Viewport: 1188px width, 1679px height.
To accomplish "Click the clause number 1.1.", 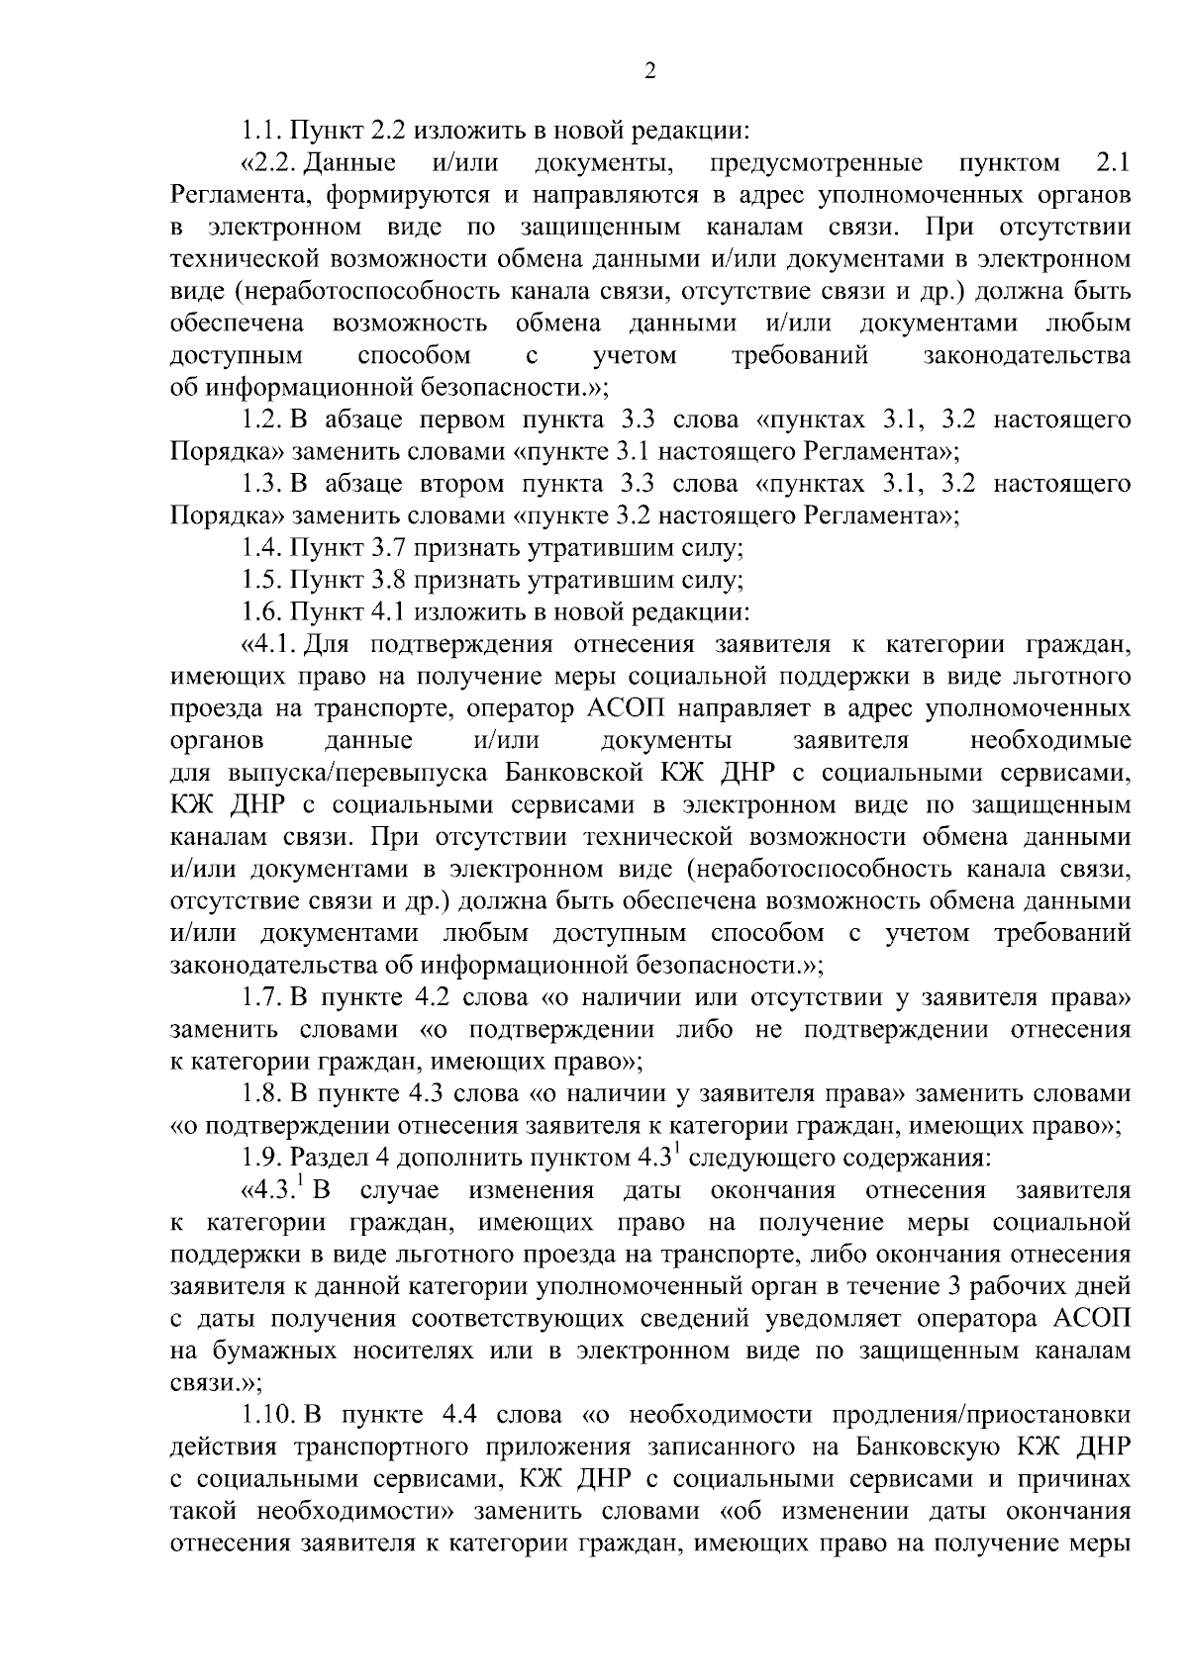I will (x=262, y=130).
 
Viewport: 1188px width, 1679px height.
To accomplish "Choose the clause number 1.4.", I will (x=263, y=548).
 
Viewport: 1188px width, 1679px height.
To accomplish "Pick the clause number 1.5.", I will (x=263, y=580).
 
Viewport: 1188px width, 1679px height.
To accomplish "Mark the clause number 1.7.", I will (x=263, y=997).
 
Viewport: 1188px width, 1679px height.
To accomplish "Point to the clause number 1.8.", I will (x=263, y=1093).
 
